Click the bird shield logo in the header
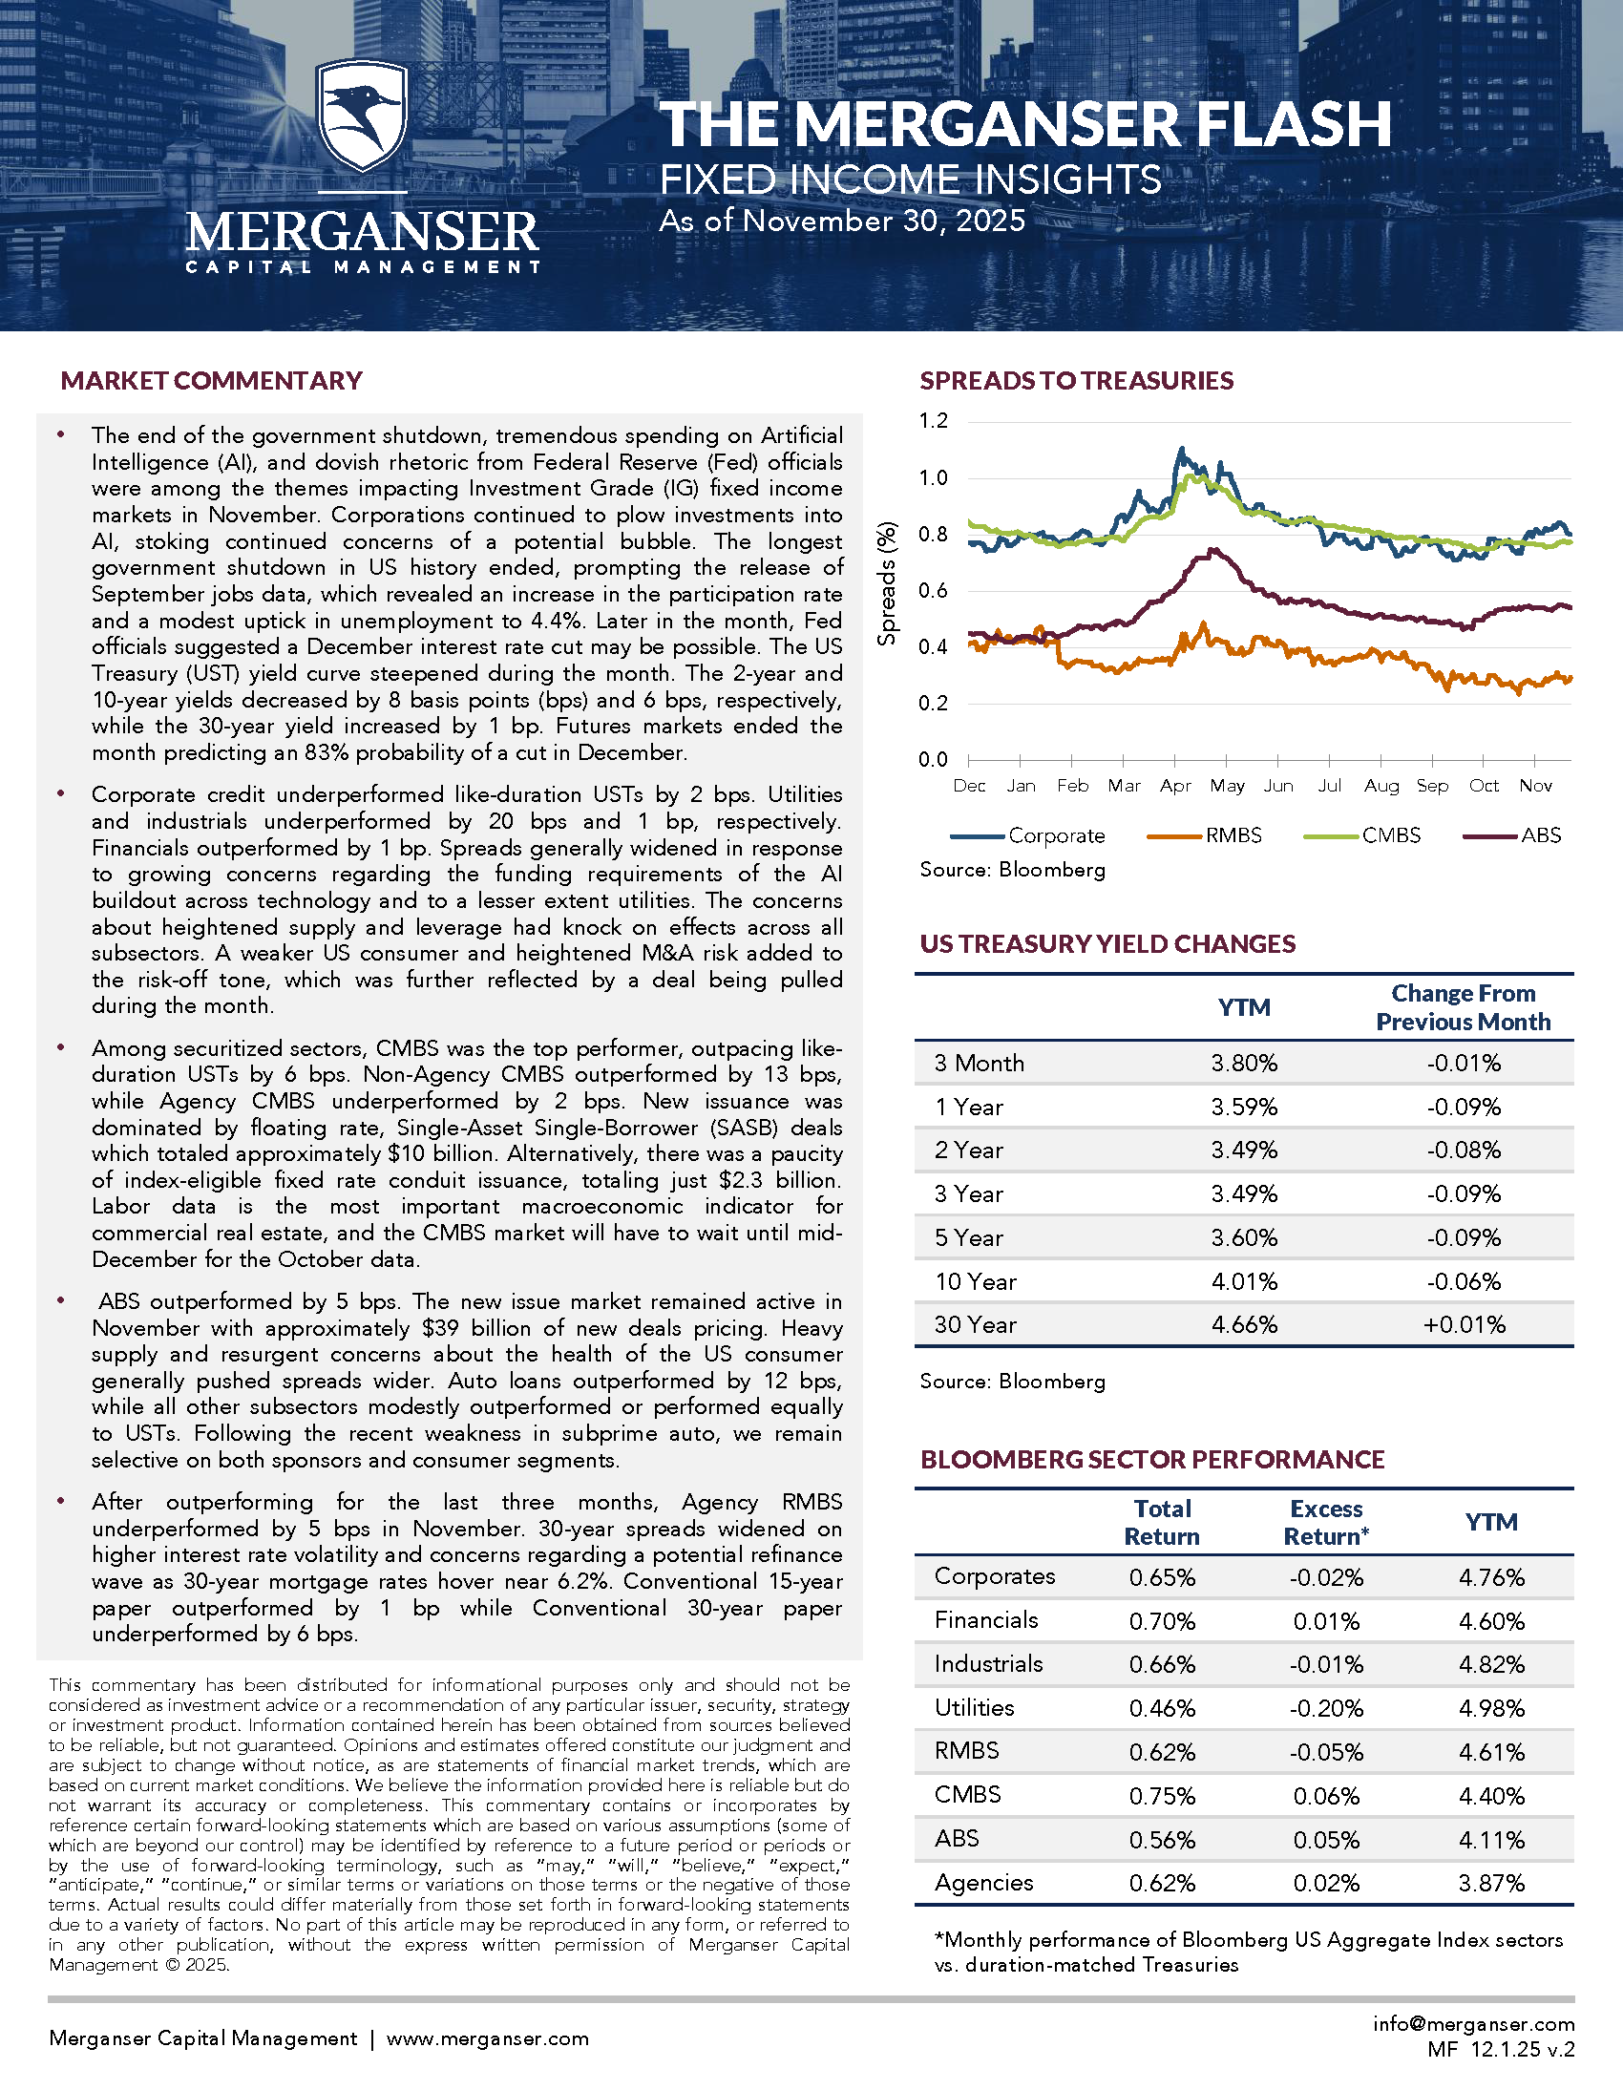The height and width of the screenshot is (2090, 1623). coord(362,117)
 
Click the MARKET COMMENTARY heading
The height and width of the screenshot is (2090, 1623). coord(212,381)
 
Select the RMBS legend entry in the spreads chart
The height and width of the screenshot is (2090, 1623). coord(1233,835)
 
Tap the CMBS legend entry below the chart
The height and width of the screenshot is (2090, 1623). coord(1390,835)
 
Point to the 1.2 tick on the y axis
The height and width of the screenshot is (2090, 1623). coord(933,421)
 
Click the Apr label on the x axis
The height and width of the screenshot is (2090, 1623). coord(1175,786)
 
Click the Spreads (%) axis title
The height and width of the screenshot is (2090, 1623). coord(888,583)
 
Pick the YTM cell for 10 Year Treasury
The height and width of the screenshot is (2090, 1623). coord(1244,1281)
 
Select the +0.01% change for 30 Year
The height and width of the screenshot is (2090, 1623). coord(1465,1325)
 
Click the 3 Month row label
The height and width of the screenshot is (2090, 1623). coord(979,1064)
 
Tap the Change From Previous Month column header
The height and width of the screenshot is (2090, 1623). coord(1464,1007)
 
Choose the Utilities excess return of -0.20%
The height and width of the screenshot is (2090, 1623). coord(1326,1708)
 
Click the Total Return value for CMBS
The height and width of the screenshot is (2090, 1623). coord(1162,1796)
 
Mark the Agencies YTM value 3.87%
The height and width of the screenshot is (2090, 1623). coord(1491,1884)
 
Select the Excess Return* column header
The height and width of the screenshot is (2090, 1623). coord(1326,1523)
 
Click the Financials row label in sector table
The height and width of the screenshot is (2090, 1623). coord(986,1620)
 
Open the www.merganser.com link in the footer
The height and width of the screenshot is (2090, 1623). coord(487,2038)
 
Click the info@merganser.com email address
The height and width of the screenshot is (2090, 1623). coord(1474,2023)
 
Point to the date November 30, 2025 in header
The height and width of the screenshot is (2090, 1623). coord(883,222)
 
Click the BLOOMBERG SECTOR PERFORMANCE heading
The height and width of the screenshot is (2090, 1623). coord(1152,1459)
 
